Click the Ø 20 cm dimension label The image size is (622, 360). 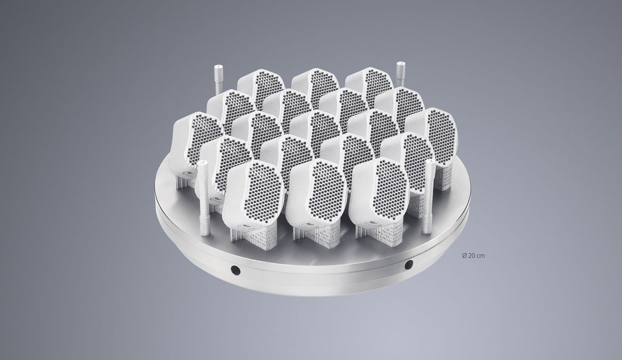click(473, 256)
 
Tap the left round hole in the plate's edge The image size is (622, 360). click(235, 270)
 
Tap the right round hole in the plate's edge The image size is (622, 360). click(408, 264)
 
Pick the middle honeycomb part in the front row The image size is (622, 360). click(316, 195)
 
